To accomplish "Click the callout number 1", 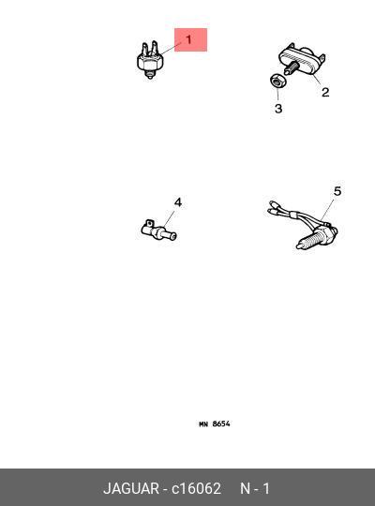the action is [189, 39].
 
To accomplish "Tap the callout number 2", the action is [325, 92].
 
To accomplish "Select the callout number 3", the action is [278, 109].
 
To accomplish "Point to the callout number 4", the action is [178, 202].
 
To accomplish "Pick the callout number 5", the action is [337, 191].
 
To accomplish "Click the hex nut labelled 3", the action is [277, 81].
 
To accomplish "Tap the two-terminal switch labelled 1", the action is [150, 60].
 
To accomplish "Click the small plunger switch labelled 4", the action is [159, 231].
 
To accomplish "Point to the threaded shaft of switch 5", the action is [307, 242].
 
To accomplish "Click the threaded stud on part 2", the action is [292, 67].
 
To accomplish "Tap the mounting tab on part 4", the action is [149, 223].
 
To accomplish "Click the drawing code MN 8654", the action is [215, 424].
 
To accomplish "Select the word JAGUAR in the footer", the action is [131, 488].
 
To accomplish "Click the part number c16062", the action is [196, 488].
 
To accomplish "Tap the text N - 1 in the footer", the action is [255, 488].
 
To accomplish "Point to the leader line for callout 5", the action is [327, 210].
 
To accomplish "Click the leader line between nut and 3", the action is [277, 94].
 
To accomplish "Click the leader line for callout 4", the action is [170, 218].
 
